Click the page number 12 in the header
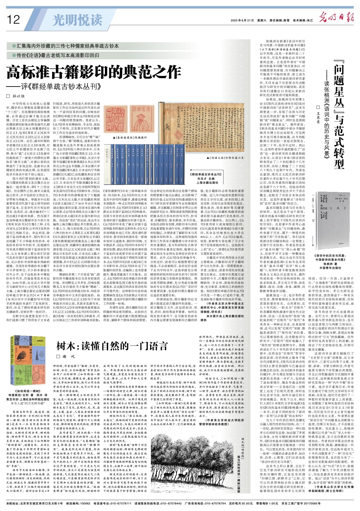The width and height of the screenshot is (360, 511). pos(13,20)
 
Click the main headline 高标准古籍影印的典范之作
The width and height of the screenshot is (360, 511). pos(94,72)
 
